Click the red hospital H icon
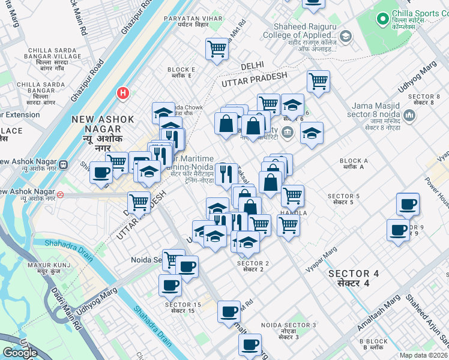(123, 93)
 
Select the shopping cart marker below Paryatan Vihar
(217, 50)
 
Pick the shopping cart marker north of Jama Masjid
(318, 82)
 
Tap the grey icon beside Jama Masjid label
(410, 114)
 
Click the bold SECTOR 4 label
(353, 278)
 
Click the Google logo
(20, 352)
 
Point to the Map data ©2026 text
(424, 355)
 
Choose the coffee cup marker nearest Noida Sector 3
(250, 345)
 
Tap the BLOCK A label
(354, 161)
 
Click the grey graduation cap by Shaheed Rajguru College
(345, 37)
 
